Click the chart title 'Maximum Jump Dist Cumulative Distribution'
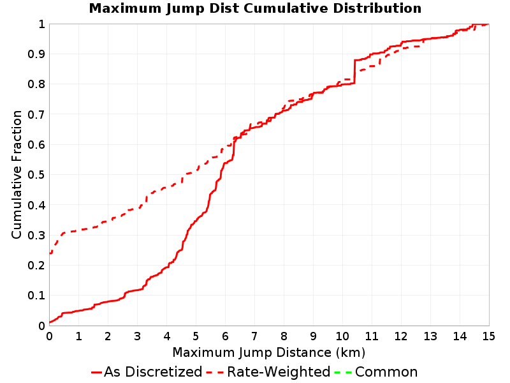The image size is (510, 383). point(256,8)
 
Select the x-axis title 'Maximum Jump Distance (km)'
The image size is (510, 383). point(268,353)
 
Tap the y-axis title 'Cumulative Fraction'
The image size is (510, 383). point(17,174)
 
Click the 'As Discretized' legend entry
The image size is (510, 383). point(147,372)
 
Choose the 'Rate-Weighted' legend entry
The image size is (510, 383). point(268,372)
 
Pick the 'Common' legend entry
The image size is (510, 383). point(376,372)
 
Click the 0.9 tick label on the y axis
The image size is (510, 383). point(36,54)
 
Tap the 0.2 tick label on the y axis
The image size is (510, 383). point(36,266)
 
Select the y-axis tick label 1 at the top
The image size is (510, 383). point(41,24)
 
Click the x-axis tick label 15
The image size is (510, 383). point(488,336)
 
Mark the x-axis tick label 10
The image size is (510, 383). point(342,336)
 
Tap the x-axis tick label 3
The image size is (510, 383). point(137,336)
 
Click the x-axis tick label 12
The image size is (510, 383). point(401,336)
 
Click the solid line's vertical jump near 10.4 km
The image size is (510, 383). point(354,71)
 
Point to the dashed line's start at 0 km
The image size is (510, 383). point(50,253)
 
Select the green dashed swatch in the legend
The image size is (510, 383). point(343,372)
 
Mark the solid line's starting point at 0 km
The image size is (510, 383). point(50,322)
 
